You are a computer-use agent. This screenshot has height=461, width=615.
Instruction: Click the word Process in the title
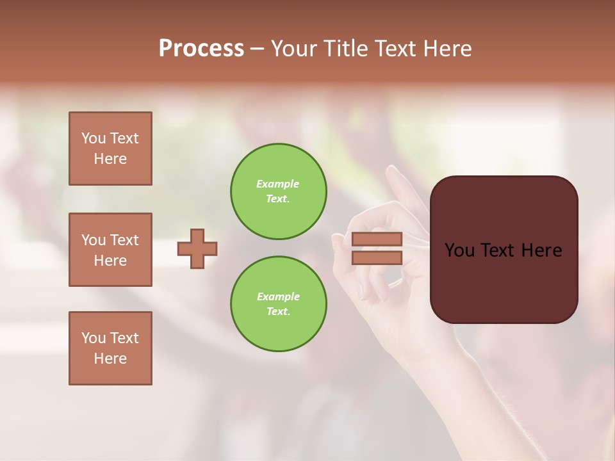(201, 49)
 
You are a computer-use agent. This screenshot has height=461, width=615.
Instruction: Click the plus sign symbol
(197, 248)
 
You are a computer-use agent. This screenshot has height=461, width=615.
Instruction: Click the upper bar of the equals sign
(377, 239)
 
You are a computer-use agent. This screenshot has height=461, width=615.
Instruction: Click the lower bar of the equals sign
(377, 257)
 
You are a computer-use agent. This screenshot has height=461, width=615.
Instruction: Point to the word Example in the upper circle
(278, 184)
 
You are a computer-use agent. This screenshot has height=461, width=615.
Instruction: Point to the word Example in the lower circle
(278, 296)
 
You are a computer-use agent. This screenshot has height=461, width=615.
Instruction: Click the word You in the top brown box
(94, 138)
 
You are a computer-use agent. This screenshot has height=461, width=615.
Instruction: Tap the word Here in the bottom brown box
(110, 359)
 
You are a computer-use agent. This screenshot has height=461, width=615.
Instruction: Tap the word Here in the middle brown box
(110, 261)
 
